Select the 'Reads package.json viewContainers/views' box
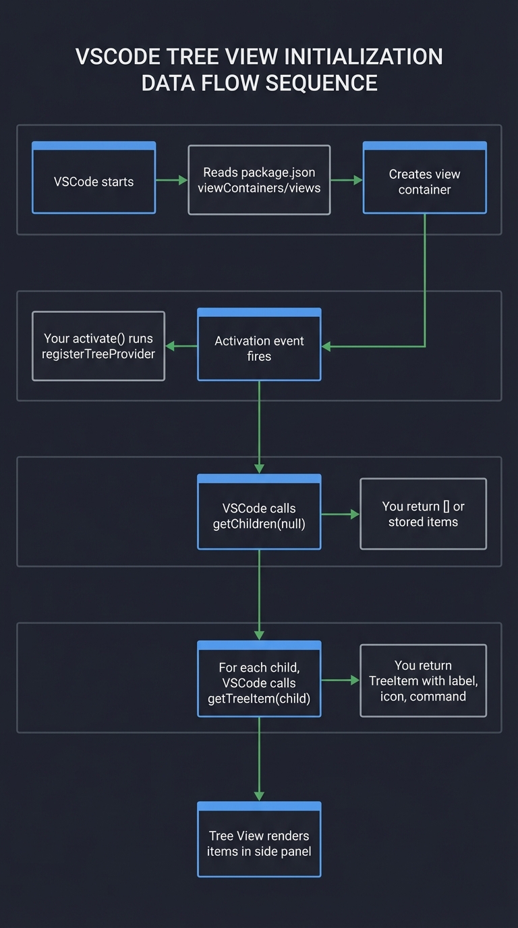click(x=259, y=180)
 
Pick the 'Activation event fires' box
click(x=259, y=345)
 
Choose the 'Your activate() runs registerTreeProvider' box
click(x=98, y=346)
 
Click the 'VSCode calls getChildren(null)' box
click(x=259, y=512)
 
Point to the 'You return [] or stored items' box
click(x=423, y=514)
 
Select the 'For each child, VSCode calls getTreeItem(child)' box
click(x=259, y=679)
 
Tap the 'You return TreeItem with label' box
click(x=423, y=680)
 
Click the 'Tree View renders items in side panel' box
click(x=259, y=840)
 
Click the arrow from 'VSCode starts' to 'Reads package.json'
click(x=171, y=180)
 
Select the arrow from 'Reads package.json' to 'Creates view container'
click(x=347, y=180)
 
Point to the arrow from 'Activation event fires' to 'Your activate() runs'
click(x=181, y=346)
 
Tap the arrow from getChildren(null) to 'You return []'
click(x=340, y=514)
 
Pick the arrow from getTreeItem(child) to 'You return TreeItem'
click(x=340, y=680)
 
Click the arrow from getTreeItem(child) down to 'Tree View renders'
click(x=259, y=759)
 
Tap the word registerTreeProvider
click(x=98, y=354)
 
